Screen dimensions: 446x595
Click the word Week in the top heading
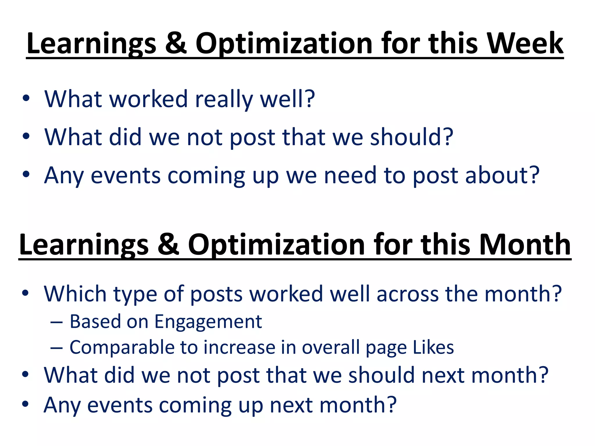coord(525,44)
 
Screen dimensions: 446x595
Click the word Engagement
coord(208,322)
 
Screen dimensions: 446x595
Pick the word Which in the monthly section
coord(75,294)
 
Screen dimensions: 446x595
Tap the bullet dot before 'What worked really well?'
coord(26,98)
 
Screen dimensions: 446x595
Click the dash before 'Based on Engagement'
coord(56,322)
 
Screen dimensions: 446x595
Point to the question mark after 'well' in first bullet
coord(310,99)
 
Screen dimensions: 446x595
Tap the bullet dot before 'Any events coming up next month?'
coord(25,404)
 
